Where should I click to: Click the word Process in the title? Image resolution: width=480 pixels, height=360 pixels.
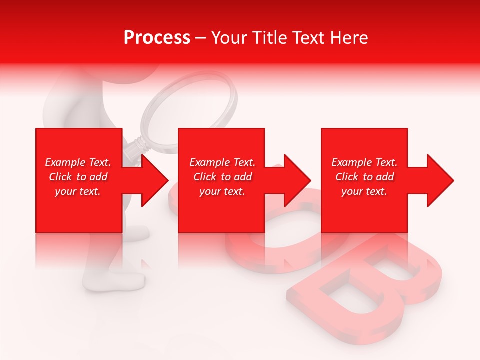(x=157, y=38)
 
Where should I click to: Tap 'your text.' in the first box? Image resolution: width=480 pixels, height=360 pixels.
(x=78, y=191)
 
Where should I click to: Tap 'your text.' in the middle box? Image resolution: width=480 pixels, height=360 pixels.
(x=222, y=191)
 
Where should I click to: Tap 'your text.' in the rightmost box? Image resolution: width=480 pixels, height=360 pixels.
(x=364, y=191)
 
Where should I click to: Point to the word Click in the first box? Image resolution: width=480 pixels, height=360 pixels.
(x=60, y=177)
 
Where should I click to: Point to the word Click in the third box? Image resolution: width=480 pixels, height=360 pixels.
(x=347, y=177)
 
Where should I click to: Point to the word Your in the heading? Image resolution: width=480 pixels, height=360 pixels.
(x=229, y=38)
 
